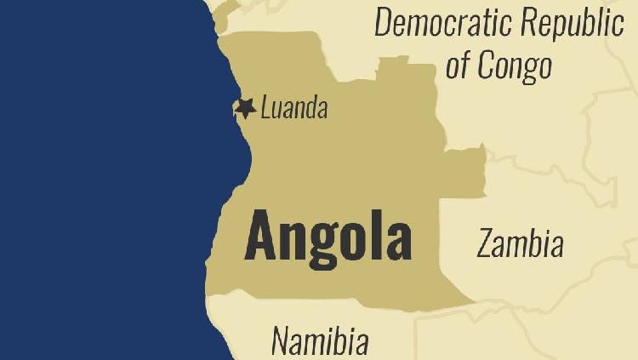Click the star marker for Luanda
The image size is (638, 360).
point(246,108)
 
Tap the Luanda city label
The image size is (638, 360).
point(293,109)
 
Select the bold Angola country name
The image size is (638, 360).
point(328,237)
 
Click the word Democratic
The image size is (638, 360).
point(444,24)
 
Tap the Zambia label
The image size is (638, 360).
point(520,244)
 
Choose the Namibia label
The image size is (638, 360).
point(320,340)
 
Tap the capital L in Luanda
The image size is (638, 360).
point(266,109)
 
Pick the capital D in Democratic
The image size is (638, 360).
point(385,24)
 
